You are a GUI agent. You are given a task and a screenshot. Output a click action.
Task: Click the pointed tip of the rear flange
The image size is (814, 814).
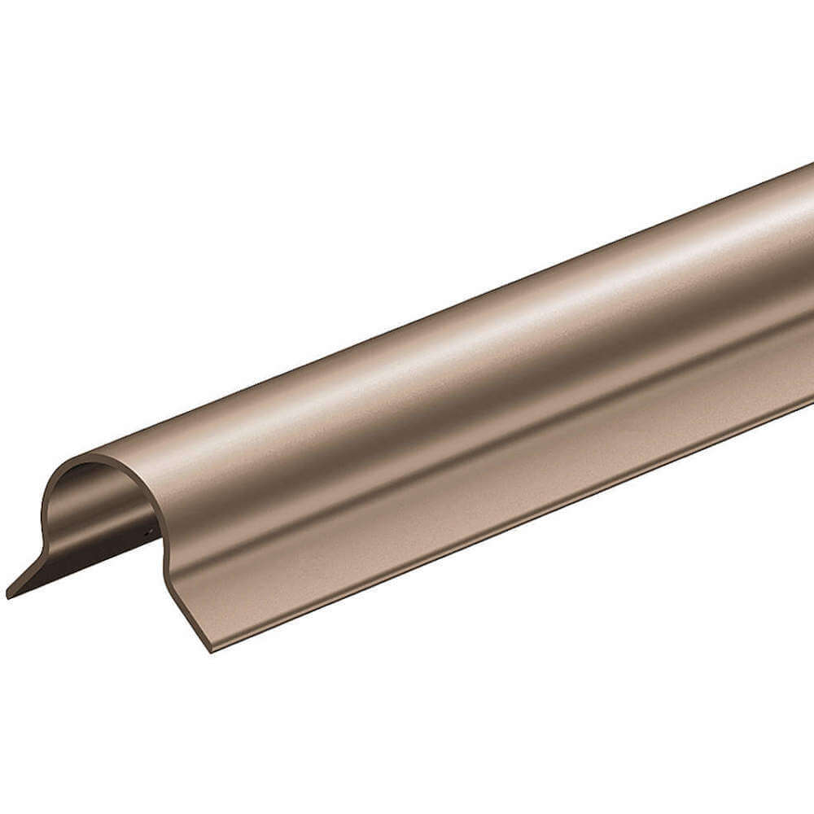9,594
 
